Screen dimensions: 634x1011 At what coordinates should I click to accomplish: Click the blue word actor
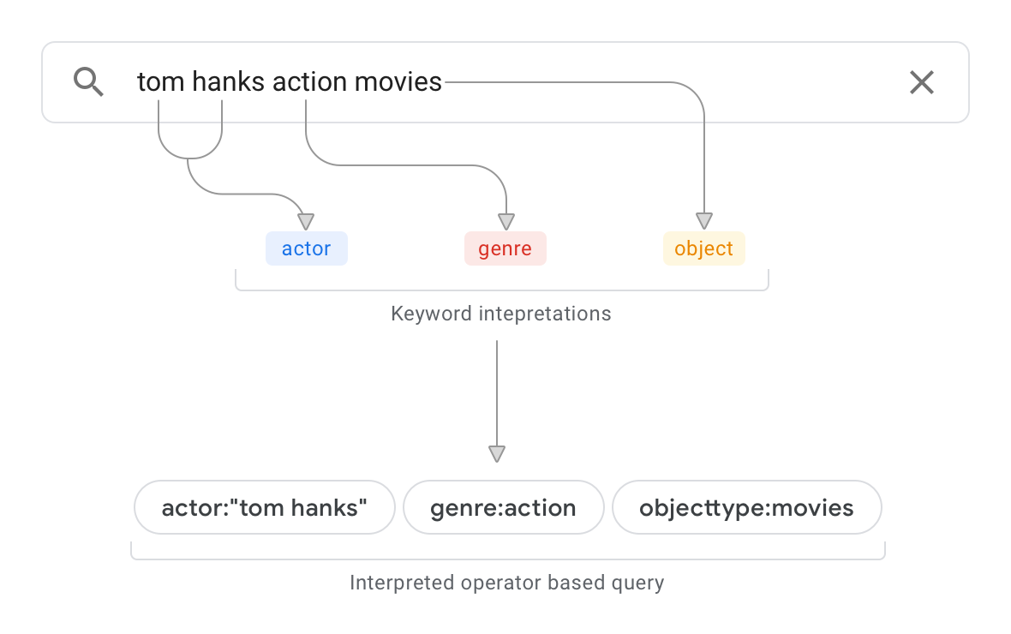click(306, 249)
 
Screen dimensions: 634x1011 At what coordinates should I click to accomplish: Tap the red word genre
click(505, 249)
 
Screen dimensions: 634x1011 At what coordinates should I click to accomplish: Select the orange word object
click(703, 249)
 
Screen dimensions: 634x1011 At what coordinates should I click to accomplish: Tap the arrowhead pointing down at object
click(704, 221)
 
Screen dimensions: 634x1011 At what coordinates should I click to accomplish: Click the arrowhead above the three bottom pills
click(496, 454)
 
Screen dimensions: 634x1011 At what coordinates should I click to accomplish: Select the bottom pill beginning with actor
click(264, 508)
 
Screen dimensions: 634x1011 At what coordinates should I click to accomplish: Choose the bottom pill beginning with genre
click(503, 509)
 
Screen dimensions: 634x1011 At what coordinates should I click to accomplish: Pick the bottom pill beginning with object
click(746, 509)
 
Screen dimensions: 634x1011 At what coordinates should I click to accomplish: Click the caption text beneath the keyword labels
click(501, 314)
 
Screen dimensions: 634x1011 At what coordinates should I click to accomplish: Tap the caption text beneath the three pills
click(507, 583)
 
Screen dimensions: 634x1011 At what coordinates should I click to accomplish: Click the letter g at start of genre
click(484, 250)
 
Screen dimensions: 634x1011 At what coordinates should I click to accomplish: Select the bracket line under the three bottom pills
click(507, 558)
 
